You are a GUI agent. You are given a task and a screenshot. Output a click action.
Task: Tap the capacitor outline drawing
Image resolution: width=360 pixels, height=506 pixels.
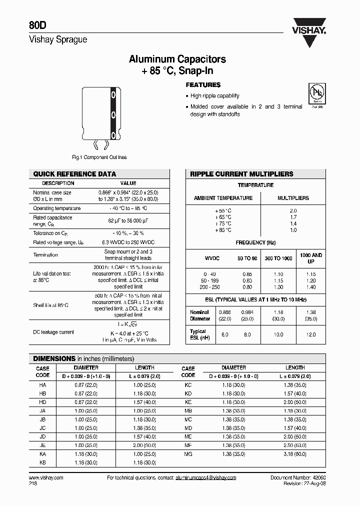(100, 118)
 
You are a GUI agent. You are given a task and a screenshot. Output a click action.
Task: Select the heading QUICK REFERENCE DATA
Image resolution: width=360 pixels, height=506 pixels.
(74, 174)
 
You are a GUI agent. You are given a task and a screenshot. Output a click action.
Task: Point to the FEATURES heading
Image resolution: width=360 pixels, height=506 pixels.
(203, 85)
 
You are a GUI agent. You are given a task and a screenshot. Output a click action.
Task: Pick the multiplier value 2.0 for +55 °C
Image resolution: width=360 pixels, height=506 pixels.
(293, 211)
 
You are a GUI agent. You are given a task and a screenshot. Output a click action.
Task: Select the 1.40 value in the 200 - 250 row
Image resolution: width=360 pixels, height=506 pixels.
(311, 287)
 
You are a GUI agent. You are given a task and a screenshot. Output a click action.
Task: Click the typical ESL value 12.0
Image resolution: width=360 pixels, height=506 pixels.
(311, 334)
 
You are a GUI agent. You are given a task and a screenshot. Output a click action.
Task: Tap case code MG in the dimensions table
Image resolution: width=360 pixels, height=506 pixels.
(188, 454)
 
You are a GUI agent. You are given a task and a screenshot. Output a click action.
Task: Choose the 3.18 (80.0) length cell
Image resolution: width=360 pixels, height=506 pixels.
(295, 454)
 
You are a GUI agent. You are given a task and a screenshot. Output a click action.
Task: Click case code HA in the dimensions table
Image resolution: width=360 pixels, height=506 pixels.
(42, 385)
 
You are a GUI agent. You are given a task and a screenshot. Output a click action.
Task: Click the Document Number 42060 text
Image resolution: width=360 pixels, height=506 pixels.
(298, 478)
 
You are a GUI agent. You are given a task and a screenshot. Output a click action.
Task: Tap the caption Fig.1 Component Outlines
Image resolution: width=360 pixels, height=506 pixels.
(99, 157)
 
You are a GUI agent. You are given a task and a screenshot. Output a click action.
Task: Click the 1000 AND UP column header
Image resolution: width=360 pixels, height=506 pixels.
(311, 258)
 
